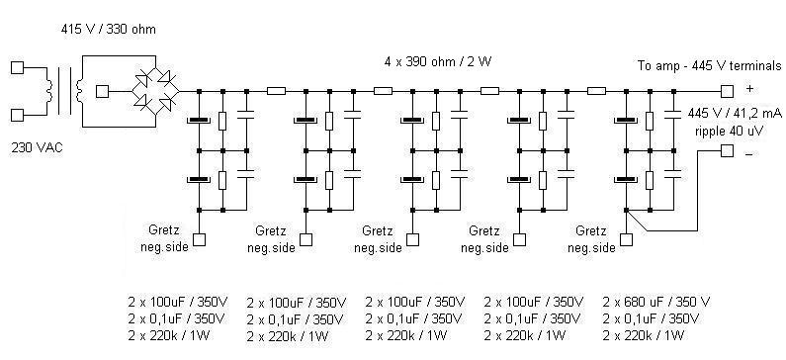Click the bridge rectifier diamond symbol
(156, 90)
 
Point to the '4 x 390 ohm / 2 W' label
(437, 61)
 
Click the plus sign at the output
(748, 88)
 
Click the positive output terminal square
(727, 90)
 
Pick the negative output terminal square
(727, 151)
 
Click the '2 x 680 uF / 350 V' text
(656, 302)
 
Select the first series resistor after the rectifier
(276, 90)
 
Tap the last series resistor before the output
(595, 90)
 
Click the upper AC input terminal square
(17, 68)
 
